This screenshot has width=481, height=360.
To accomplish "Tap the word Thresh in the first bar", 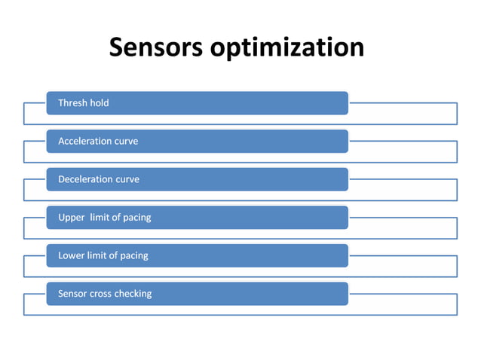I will click(x=72, y=102).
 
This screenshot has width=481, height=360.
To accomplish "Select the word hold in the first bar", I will click(x=100, y=102).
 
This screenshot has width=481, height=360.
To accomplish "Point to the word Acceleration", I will click(x=84, y=141).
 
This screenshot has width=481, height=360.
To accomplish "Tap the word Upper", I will click(x=71, y=218).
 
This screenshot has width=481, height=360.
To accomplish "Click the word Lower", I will click(x=72, y=255).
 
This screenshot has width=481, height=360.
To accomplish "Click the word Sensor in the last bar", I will click(x=73, y=293).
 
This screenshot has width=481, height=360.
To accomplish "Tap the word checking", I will click(x=133, y=294).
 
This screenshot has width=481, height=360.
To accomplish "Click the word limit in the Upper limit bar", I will click(x=100, y=218).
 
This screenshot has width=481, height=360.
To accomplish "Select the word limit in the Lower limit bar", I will click(x=99, y=255).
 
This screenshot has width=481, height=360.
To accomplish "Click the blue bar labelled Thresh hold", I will click(x=226, y=102).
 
